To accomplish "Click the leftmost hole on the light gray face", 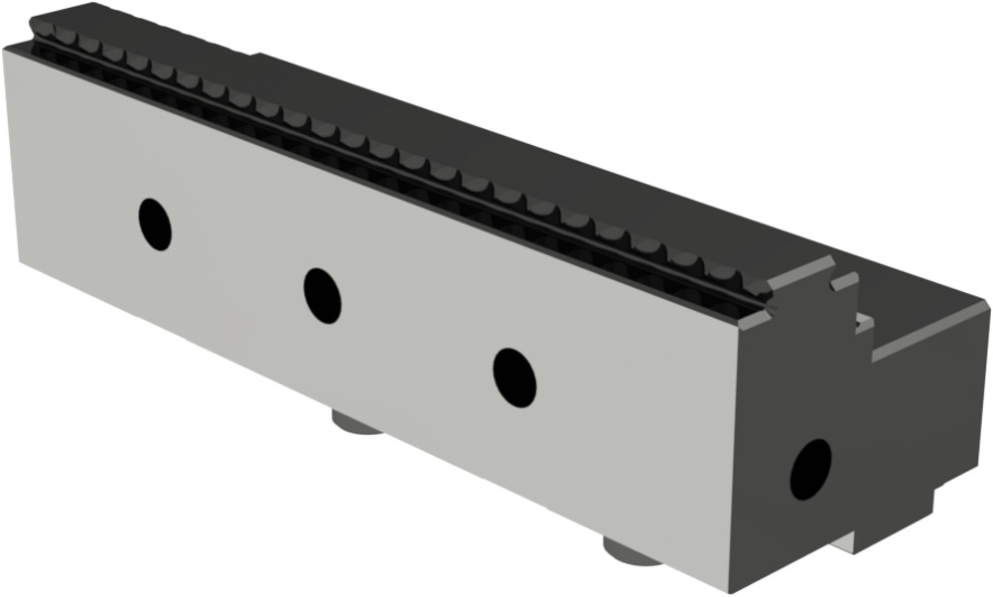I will (x=155, y=224).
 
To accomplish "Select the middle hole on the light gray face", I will (x=322, y=295).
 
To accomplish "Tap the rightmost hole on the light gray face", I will (x=514, y=377).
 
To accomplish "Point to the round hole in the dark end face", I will (x=810, y=469).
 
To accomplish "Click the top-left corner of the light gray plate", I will (x=5, y=50).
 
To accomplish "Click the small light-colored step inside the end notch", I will (x=862, y=322).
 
